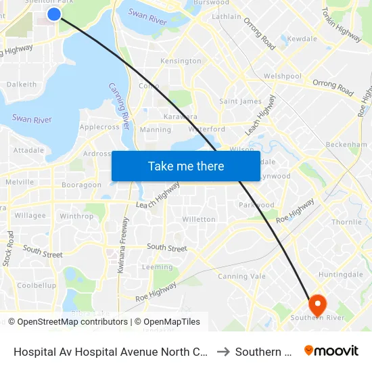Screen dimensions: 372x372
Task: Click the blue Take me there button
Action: pos(186,166)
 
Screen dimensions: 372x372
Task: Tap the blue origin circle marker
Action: pos(54,14)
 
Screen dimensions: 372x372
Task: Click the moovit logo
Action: pos(331,351)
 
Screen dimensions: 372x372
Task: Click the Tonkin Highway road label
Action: pos(342,25)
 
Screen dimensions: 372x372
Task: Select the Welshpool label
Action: pos(283,76)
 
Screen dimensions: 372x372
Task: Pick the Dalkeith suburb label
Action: pos(21,85)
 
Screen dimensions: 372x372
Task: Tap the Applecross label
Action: pos(99,127)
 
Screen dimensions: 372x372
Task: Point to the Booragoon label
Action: pos(81,185)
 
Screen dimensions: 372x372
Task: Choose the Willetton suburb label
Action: pos(199,220)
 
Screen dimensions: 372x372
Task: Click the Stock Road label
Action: pos(8,248)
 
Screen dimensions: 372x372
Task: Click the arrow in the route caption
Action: pos(223,352)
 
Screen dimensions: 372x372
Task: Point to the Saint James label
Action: pos(240,101)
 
